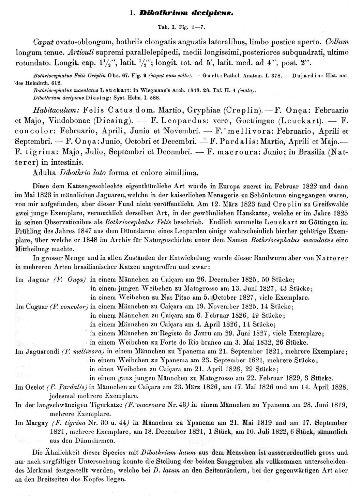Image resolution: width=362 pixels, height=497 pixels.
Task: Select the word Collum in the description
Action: (x=337, y=42)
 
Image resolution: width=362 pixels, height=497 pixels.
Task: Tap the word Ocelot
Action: (x=35, y=387)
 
